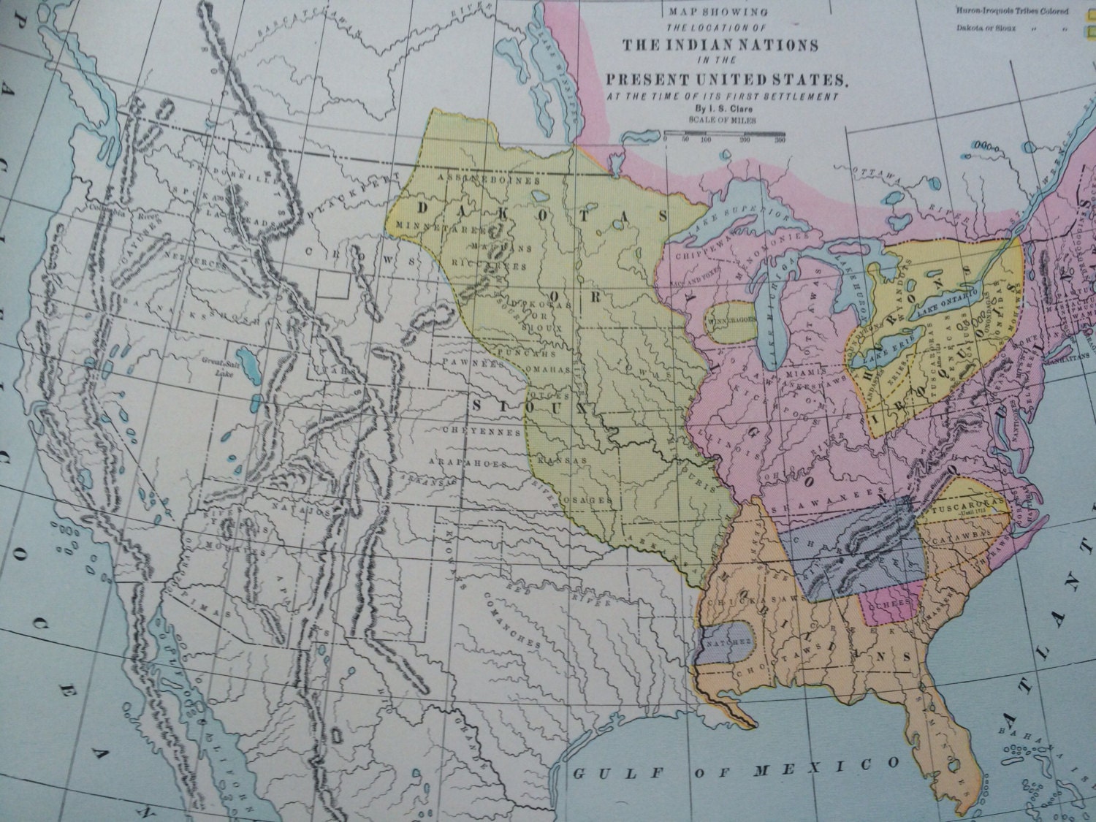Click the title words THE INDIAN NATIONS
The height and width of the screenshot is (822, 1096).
coord(720,45)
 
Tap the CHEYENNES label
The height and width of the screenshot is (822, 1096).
coord(471,431)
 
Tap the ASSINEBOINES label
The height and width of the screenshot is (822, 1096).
coord(487,179)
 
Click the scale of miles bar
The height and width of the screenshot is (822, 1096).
coord(724,132)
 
